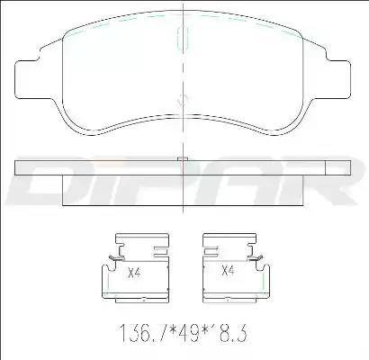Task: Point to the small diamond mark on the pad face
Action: pos(182,100)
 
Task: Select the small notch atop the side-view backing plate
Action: pos(183,159)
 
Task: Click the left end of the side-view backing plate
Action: pos(22,168)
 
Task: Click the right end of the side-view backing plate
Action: pos(346,168)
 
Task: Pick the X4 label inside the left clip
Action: pos(135,270)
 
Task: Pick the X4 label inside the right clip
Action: pos(229,270)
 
